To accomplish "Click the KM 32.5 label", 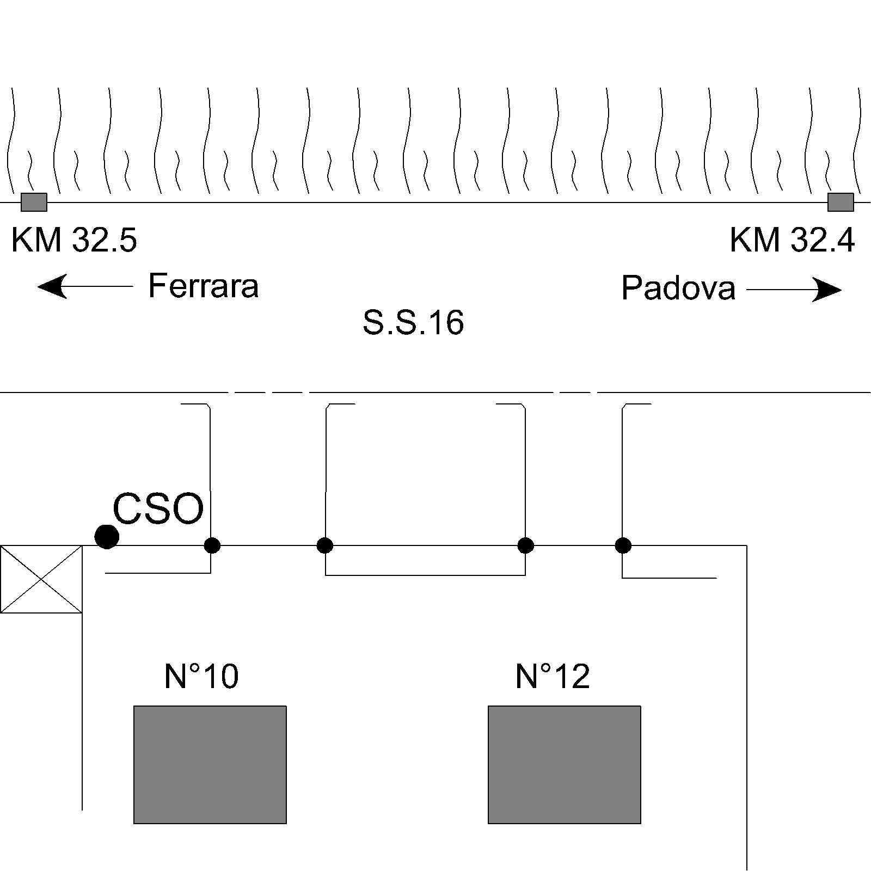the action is tap(74, 240).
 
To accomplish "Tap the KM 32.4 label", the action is tap(792, 240).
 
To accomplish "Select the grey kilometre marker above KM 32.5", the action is tap(34, 202).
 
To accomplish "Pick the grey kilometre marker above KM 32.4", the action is tap(841, 202).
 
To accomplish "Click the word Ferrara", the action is tap(203, 286).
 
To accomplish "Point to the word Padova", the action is tap(678, 288).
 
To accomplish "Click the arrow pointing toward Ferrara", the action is tap(85, 286).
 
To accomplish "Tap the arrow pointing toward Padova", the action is tap(794, 290).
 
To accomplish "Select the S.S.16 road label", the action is tap(413, 322).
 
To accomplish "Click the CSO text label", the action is tap(158, 509).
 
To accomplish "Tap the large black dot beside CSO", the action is tap(107, 537).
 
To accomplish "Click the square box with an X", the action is tap(41, 579).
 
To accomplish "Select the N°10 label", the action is tap(201, 676).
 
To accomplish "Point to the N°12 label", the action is tap(553, 676).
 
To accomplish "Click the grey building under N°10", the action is tap(210, 765).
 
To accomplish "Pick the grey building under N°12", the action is tap(565, 765).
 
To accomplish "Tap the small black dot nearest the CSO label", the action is tap(212, 545).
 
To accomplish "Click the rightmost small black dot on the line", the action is tap(623, 545).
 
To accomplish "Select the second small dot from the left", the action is tap(325, 545).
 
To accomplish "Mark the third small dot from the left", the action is tap(525, 545).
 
